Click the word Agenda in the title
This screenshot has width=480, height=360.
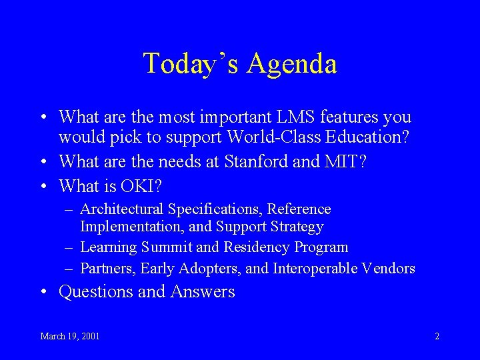pos(292,64)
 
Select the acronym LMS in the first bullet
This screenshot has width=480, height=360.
pos(295,117)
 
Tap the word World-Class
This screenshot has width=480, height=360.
pos(274,137)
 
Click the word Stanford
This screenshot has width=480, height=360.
pos(256,161)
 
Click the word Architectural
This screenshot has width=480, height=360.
pos(121,209)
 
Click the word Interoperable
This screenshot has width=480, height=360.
pos(315,269)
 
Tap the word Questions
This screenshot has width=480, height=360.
pos(96,291)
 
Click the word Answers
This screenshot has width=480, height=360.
pos(203,291)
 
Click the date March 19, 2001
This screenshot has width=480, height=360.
pos(70,336)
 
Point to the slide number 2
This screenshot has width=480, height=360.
pos(437,336)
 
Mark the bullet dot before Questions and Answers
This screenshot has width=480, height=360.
pos(44,292)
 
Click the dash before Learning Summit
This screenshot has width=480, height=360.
pos(69,247)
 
